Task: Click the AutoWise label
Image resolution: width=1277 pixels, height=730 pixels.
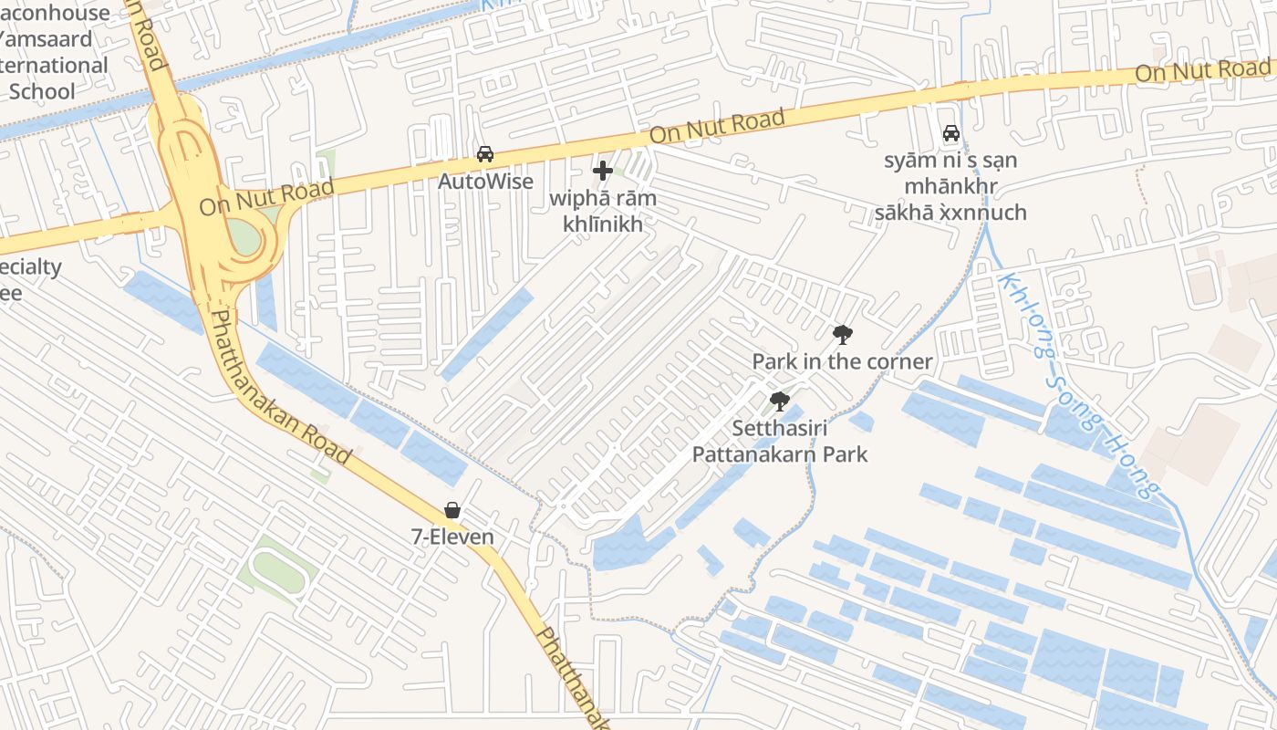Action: pos(485,181)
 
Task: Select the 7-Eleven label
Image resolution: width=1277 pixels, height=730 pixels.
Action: pos(452,537)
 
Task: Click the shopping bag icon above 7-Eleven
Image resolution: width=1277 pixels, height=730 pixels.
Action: pos(452,510)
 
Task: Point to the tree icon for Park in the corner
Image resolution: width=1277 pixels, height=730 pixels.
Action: pos(842,335)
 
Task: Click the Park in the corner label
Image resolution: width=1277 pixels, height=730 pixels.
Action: pos(842,361)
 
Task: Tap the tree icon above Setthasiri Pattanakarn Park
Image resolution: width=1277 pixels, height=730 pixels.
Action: pos(779,401)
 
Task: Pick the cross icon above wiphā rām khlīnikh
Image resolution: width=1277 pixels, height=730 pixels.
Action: pos(602,171)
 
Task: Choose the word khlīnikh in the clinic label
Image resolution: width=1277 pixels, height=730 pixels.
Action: pos(603,224)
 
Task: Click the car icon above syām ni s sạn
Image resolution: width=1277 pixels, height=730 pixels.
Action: pos(951,133)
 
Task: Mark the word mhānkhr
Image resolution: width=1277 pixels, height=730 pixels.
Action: pos(950,187)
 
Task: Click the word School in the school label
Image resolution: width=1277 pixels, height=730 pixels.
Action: pos(41,91)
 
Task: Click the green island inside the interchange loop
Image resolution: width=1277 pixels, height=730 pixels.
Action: pos(244,237)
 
